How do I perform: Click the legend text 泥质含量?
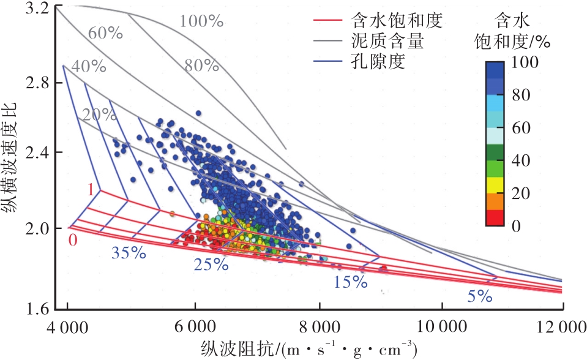(x=381, y=42)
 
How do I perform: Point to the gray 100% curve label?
(x=201, y=21)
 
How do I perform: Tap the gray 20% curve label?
(x=96, y=114)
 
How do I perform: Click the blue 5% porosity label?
(x=479, y=297)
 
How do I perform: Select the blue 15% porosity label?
(x=351, y=282)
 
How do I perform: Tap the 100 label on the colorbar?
(x=525, y=62)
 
